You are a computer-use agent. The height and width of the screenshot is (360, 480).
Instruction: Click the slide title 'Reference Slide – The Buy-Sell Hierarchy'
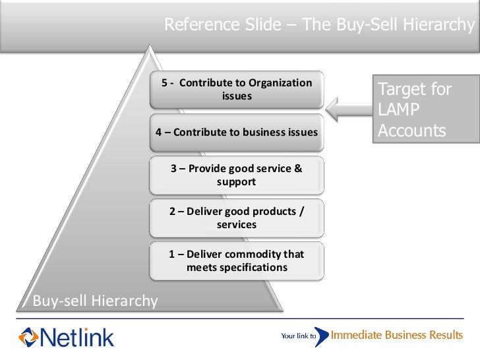(319, 25)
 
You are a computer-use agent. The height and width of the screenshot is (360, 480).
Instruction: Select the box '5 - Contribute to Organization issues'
(237, 90)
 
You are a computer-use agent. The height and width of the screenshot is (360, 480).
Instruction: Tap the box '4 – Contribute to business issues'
(237, 133)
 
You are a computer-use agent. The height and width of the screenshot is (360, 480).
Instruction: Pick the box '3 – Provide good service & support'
(237, 175)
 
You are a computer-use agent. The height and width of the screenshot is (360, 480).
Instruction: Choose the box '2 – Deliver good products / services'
(237, 218)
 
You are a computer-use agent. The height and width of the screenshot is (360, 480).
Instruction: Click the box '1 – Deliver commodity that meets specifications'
(237, 260)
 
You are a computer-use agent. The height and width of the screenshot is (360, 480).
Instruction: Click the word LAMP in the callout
(398, 109)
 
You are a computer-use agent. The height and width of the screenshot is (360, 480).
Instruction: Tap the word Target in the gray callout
(403, 89)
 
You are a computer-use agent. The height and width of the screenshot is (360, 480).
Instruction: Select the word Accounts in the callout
(411, 131)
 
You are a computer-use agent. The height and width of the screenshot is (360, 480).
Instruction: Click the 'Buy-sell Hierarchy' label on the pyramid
(96, 301)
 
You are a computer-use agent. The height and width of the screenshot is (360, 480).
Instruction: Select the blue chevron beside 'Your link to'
(321, 336)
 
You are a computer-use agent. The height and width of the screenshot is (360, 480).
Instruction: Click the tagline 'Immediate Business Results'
(396, 335)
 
